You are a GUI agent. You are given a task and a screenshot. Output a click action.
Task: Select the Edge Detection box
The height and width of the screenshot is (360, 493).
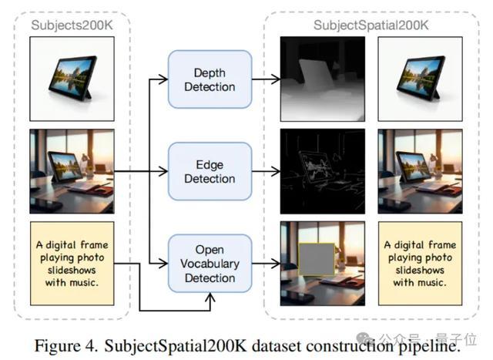tap(210, 171)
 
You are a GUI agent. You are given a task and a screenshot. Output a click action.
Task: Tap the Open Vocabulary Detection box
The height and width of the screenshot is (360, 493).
tap(210, 264)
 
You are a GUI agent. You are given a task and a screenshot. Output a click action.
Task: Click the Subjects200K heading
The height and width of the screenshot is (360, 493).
tap(71, 25)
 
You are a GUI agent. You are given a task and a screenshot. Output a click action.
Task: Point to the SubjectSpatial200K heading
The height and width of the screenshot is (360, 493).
tap(371, 25)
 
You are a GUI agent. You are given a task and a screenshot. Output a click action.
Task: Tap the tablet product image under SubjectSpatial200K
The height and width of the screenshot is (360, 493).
tap(420, 78)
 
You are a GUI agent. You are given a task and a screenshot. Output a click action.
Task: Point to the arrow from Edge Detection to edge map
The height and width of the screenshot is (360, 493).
tap(265, 171)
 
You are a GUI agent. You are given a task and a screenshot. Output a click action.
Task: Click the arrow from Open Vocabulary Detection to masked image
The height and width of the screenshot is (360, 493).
tap(265, 264)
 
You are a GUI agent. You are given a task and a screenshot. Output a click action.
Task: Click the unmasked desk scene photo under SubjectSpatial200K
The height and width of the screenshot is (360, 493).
tap(420, 171)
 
